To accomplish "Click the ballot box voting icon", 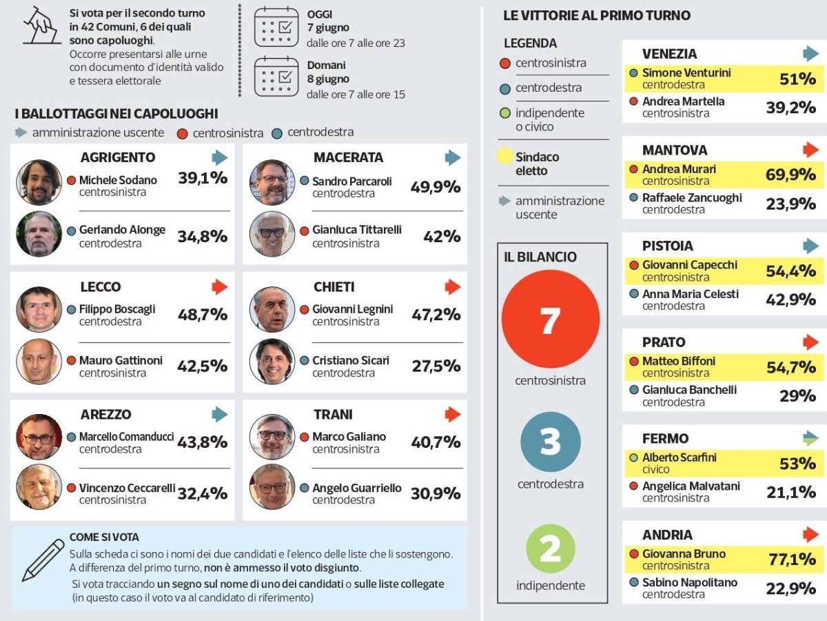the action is (41, 26).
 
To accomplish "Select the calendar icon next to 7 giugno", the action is (276, 27).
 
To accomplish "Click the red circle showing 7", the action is (550, 319).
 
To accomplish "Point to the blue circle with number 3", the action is (551, 442).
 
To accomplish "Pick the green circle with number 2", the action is (551, 549).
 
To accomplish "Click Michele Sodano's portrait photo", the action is (39, 182).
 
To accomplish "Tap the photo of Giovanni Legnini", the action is (272, 310).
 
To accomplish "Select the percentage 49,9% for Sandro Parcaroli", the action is (435, 187).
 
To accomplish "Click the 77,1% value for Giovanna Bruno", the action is (792, 560).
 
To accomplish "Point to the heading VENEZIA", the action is (669, 54).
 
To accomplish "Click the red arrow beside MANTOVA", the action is (810, 150).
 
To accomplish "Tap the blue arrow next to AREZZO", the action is (220, 415).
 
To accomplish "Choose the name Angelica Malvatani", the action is (691, 486).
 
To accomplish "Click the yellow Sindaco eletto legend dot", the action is (504, 156).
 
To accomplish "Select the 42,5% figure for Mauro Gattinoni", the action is (203, 366).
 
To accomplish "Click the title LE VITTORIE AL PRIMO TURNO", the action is (597, 15).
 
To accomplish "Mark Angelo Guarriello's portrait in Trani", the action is (272, 487).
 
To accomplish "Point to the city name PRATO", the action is (664, 342).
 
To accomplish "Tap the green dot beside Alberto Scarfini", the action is (634, 457).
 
